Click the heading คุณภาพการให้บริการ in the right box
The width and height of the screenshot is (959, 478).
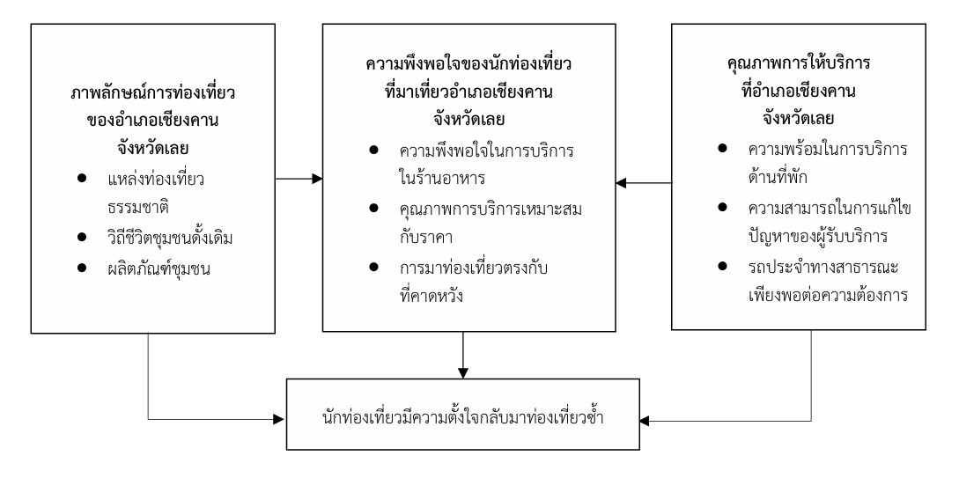[786, 67]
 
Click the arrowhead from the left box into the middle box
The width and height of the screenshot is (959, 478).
[317, 181]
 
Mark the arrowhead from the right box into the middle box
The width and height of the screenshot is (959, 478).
[618, 183]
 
